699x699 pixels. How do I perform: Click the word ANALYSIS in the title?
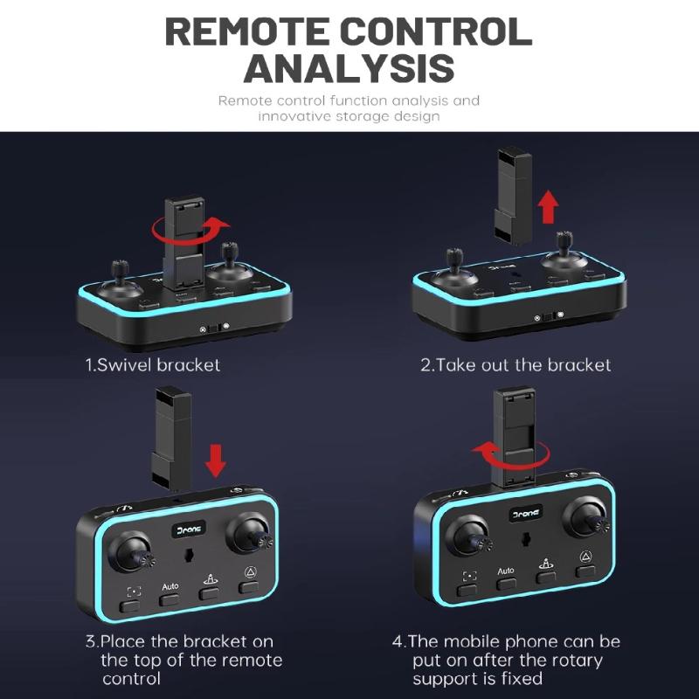point(349,68)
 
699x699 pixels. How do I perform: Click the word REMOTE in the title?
point(247,31)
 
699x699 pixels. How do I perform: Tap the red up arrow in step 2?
point(548,206)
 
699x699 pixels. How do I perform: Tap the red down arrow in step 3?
point(216,460)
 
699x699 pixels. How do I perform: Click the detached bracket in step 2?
point(514,196)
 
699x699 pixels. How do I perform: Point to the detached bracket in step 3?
point(171,439)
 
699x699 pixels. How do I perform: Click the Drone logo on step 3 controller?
point(189,529)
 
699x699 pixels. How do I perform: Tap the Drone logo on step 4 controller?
point(526,514)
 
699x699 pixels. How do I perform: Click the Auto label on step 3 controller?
point(170,586)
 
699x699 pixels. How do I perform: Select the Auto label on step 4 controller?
point(506,571)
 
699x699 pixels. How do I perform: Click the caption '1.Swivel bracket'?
point(153,365)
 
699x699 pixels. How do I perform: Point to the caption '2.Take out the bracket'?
point(516,365)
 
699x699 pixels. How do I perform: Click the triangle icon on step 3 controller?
point(251,572)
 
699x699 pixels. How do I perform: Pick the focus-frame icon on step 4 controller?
point(469,576)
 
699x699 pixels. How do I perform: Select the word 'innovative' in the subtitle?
point(294,116)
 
